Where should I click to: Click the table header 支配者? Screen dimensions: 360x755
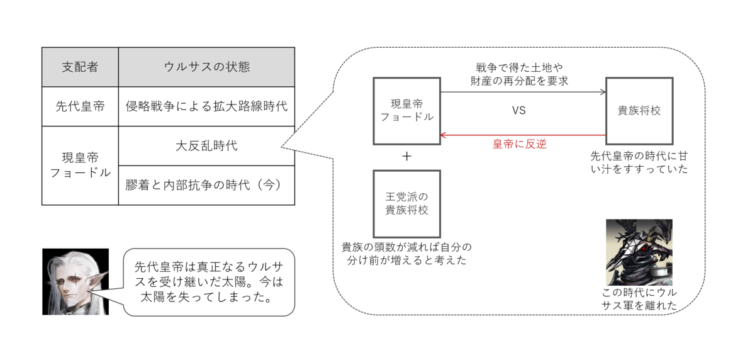(x=80, y=67)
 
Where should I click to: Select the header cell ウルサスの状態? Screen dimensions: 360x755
(x=206, y=67)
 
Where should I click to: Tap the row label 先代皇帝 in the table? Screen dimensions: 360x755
(x=80, y=106)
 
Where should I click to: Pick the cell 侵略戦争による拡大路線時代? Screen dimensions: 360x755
(x=206, y=106)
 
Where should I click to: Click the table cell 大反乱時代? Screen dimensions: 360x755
(x=206, y=145)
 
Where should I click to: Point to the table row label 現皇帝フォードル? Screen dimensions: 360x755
(x=80, y=165)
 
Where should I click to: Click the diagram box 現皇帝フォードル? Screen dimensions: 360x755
(x=406, y=111)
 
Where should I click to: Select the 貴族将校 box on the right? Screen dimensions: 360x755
(x=639, y=111)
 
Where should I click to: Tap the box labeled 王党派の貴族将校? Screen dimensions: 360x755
(x=406, y=203)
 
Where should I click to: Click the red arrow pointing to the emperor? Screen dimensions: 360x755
(x=522, y=135)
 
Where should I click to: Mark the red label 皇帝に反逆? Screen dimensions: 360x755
(x=519, y=145)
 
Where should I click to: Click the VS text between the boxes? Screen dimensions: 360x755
(x=518, y=110)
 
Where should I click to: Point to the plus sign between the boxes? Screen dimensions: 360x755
(x=406, y=157)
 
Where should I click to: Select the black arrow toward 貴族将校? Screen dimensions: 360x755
(x=522, y=93)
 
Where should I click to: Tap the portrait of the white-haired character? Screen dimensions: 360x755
(x=75, y=281)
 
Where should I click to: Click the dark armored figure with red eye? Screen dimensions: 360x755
(x=639, y=252)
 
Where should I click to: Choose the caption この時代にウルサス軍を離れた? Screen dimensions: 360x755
(x=639, y=299)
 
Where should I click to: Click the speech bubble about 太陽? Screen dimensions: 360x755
(x=208, y=281)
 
